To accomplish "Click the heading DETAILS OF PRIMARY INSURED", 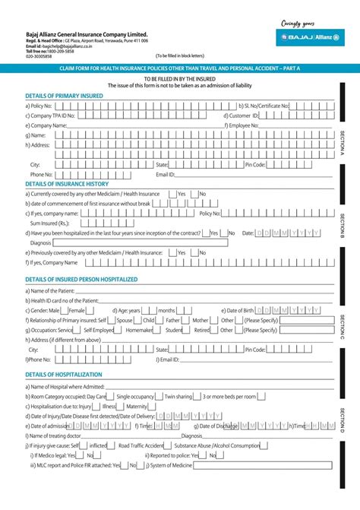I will pos(64,95).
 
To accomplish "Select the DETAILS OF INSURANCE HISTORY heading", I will pos(67,183).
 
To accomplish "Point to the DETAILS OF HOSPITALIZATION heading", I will pos(64,375).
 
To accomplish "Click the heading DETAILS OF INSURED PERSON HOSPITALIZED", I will pos(81,279).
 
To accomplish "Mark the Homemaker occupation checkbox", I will pos(158,330).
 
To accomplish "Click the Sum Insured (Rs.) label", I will pos(49,223).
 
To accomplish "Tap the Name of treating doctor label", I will pos(55,436).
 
